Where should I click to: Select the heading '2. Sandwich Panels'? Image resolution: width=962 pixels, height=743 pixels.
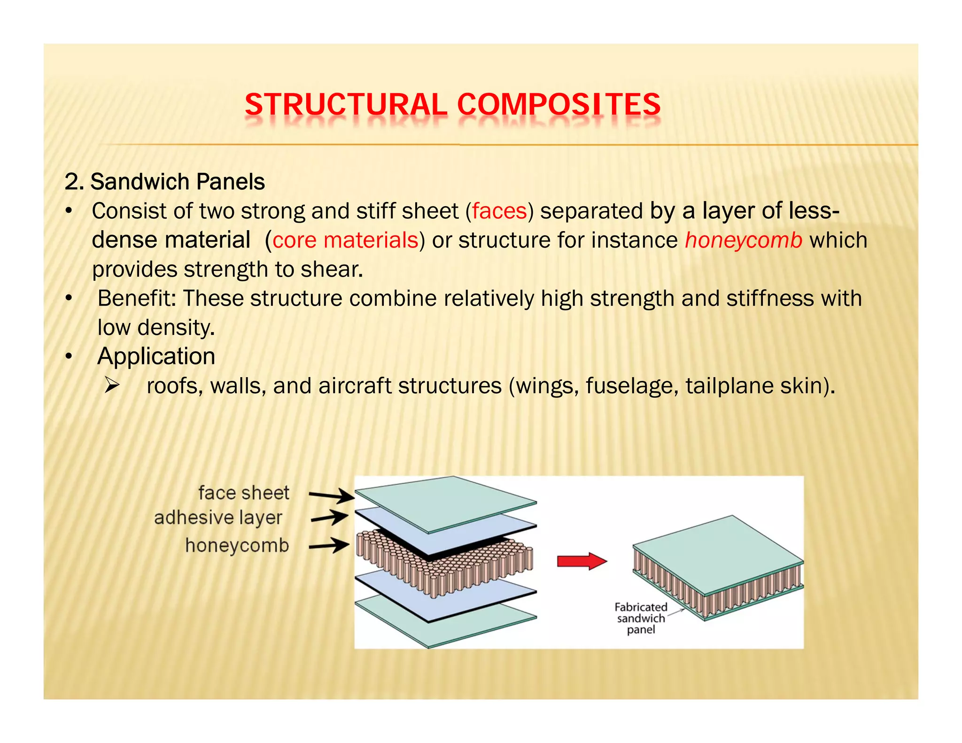(165, 182)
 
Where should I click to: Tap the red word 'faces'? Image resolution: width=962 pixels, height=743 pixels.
(499, 211)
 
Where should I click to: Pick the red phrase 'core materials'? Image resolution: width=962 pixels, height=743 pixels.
(345, 240)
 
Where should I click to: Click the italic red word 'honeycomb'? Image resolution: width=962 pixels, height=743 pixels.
(744, 240)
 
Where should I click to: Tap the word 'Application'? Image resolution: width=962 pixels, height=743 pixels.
(156, 356)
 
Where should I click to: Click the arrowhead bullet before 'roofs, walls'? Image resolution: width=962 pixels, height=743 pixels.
(112, 386)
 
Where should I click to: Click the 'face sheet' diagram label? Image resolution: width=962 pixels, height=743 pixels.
(243, 493)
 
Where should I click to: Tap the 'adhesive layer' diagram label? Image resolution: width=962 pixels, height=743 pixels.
(218, 518)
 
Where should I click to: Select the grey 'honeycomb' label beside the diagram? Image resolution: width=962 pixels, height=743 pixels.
(237, 546)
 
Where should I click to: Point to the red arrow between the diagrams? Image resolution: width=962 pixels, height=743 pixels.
(582, 561)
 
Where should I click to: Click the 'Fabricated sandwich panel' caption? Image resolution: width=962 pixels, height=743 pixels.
(641, 619)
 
